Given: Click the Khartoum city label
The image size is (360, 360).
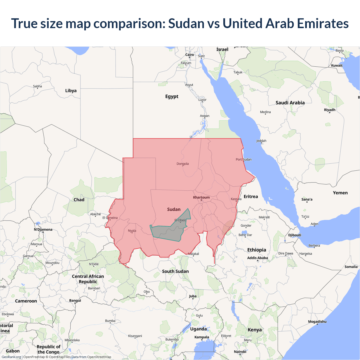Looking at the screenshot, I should click(201, 197).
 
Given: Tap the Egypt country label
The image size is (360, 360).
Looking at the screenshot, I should click(172, 96).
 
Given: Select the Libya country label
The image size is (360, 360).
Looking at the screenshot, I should click(71, 91).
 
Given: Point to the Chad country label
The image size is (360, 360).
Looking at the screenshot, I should click(79, 200).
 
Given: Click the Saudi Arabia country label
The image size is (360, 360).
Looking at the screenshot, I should click(290, 103).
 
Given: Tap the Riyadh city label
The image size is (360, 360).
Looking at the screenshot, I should click(330, 110).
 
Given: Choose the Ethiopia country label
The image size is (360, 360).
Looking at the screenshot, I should click(256, 250).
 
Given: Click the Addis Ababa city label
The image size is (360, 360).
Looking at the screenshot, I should click(258, 258).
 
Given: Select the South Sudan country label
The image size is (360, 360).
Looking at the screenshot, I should click(175, 271).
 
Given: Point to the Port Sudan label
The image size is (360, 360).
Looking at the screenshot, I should click(244, 159).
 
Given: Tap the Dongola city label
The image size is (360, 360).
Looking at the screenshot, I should click(183, 164).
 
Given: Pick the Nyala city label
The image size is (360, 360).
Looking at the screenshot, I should click(132, 231).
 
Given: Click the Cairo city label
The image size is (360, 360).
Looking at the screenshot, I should click(190, 55).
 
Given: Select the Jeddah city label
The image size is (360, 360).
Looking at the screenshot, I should click(261, 141).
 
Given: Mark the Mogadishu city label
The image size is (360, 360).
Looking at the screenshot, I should click(317, 321).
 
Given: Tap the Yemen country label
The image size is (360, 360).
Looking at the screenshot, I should click(340, 193).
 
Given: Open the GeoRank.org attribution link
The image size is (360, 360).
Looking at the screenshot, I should click(11, 357).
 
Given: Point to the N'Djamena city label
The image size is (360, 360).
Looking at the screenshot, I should click(43, 229).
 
